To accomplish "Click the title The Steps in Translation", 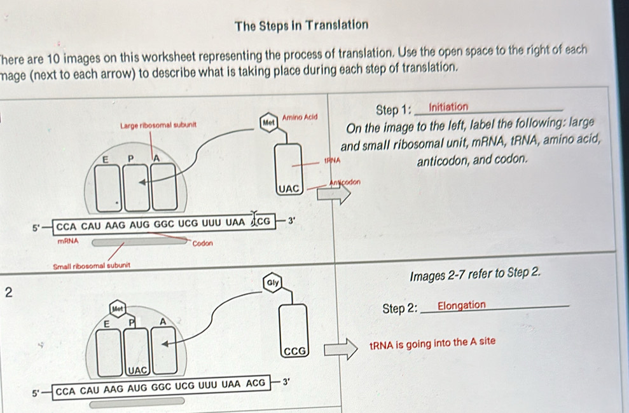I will pyautogui.click(x=301, y=25).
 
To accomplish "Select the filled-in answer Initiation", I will pyautogui.click(x=448, y=107).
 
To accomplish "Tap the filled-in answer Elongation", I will pyautogui.click(x=462, y=306).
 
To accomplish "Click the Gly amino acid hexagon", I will pyautogui.click(x=273, y=281).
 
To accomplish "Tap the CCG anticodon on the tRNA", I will pyautogui.click(x=295, y=351).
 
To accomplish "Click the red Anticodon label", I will pyautogui.click(x=345, y=182).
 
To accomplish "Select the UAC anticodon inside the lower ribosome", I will pyautogui.click(x=137, y=369).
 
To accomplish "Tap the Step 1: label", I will pyautogui.click(x=394, y=109).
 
